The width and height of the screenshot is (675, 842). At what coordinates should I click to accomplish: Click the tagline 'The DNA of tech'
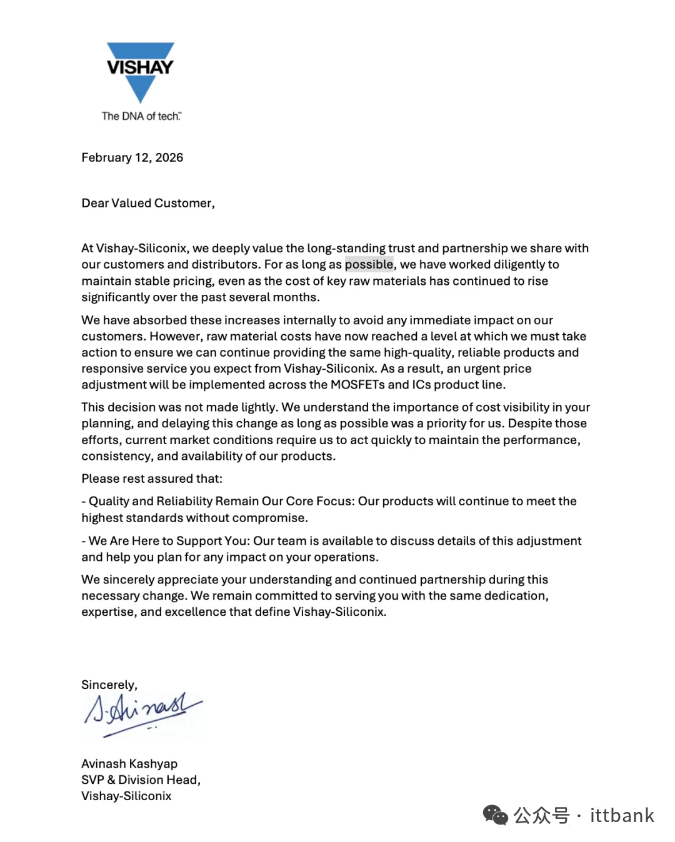coord(141,116)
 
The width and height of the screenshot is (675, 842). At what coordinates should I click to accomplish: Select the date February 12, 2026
coord(132,157)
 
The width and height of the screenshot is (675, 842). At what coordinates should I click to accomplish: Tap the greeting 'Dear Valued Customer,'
coord(148,203)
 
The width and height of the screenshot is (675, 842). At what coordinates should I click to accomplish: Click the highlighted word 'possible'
coord(369,264)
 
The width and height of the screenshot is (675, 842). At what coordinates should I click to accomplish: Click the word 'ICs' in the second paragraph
coord(421,385)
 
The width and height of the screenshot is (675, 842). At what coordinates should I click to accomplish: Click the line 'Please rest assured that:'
coord(152,478)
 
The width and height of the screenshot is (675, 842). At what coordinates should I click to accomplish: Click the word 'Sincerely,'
coord(109,685)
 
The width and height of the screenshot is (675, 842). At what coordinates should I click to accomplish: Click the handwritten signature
coord(142,712)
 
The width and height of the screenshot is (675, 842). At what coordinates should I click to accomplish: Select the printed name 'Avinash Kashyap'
coord(129,763)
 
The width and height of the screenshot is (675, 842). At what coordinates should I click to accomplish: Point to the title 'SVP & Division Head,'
coord(141,780)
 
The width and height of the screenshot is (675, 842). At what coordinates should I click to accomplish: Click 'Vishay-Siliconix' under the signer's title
coord(126,796)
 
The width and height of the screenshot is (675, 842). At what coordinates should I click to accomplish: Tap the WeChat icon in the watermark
coord(496,815)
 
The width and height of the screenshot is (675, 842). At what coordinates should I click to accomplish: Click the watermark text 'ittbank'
coord(622,815)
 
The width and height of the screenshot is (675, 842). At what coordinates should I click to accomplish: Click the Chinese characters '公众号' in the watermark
coord(541,815)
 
